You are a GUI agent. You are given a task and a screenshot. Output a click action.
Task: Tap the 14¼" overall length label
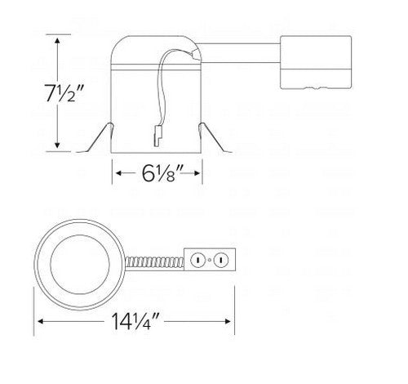click(133, 320)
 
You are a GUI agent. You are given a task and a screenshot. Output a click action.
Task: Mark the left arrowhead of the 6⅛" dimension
click(116, 173)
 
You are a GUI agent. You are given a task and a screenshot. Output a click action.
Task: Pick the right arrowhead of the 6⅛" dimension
click(199, 173)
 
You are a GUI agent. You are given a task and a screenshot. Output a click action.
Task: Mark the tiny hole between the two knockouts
click(211, 261)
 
